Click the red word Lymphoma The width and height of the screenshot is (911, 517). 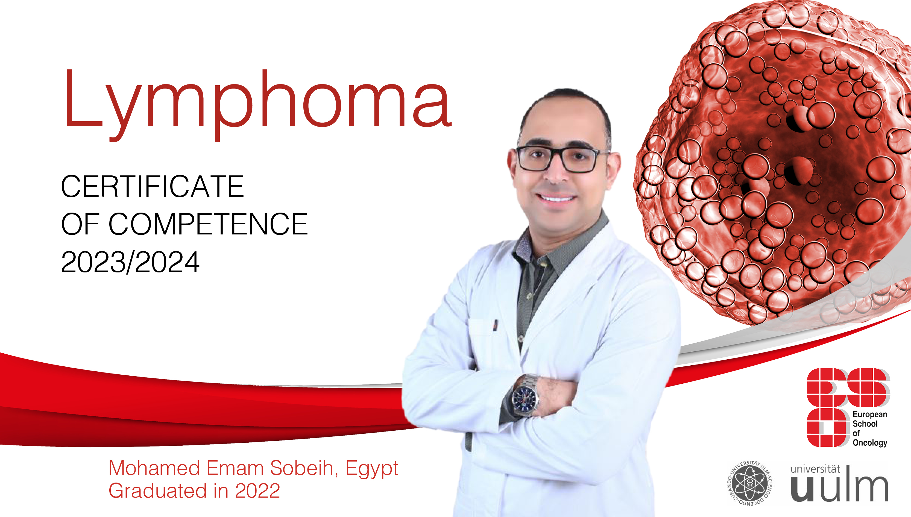click(x=257, y=103)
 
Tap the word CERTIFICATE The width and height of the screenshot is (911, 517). click(x=152, y=186)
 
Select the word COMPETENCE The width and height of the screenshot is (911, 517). click(x=208, y=224)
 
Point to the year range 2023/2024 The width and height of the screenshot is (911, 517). click(x=130, y=262)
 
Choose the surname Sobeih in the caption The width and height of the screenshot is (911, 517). click(x=302, y=468)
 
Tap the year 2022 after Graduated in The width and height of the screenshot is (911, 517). click(x=257, y=491)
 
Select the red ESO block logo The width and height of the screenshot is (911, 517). click(x=848, y=407)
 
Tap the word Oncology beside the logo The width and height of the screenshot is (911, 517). click(x=870, y=442)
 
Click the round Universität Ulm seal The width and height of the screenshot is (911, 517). click(x=750, y=483)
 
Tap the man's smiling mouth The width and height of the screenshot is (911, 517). click(x=556, y=197)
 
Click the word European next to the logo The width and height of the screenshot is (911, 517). click(x=870, y=414)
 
